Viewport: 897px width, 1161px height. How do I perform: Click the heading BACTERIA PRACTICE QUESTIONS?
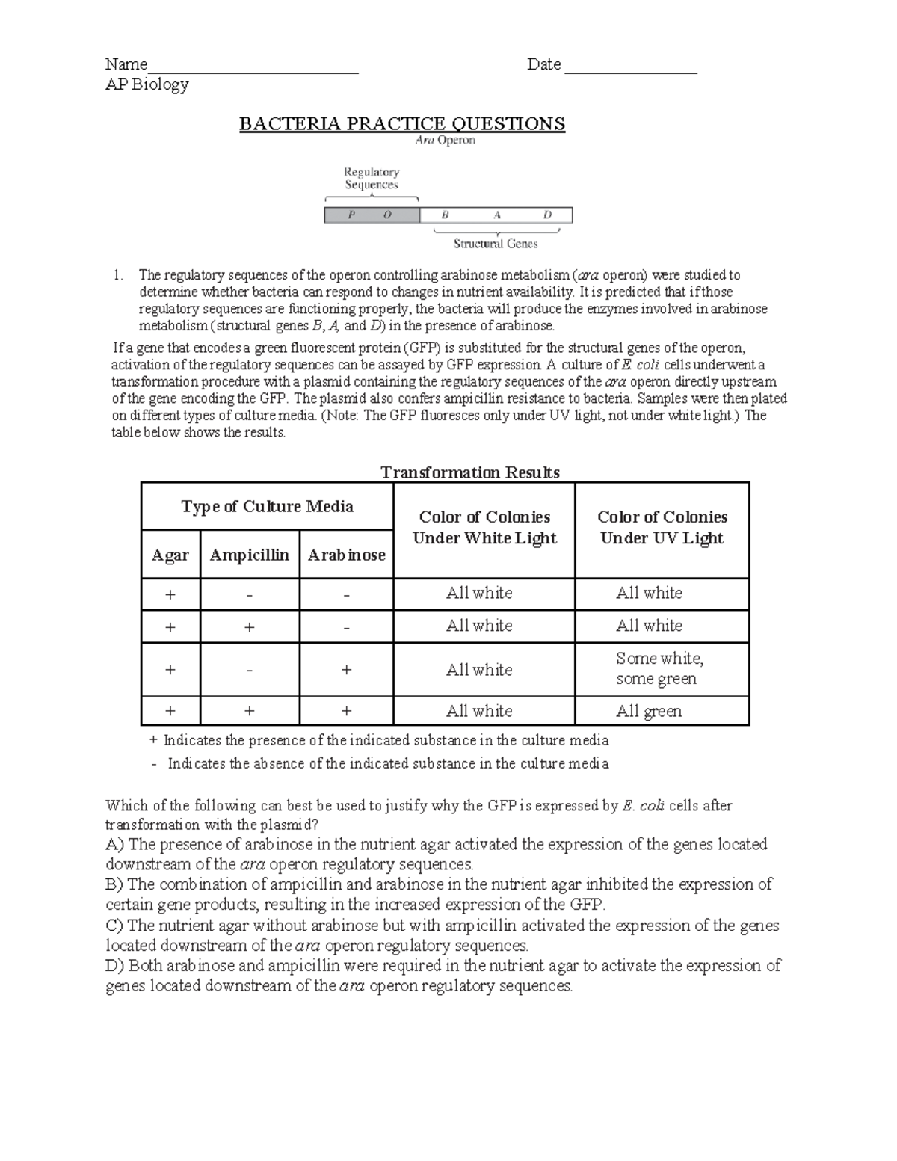coord(401,123)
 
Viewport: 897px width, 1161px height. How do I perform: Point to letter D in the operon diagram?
coord(547,215)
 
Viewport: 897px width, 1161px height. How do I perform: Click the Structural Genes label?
coord(496,244)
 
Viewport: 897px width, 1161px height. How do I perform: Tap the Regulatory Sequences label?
coord(372,178)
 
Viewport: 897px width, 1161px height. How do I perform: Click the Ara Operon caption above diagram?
coord(445,140)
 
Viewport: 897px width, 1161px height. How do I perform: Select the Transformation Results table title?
coord(470,472)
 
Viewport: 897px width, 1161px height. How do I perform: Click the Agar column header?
coord(170,555)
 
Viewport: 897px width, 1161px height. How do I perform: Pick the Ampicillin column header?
coord(249,555)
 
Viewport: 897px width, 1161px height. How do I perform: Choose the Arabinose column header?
coord(346,555)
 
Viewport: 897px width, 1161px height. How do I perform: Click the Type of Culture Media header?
coord(267,507)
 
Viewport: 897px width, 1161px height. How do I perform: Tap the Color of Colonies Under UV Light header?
coord(662,527)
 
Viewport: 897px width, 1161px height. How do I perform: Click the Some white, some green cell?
coord(659,668)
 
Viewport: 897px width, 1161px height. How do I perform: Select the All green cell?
coord(649,711)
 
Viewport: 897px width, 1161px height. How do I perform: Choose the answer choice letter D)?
coord(114,965)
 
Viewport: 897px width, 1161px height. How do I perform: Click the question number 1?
coord(118,275)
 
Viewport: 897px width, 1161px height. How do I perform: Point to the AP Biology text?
coord(147,84)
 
